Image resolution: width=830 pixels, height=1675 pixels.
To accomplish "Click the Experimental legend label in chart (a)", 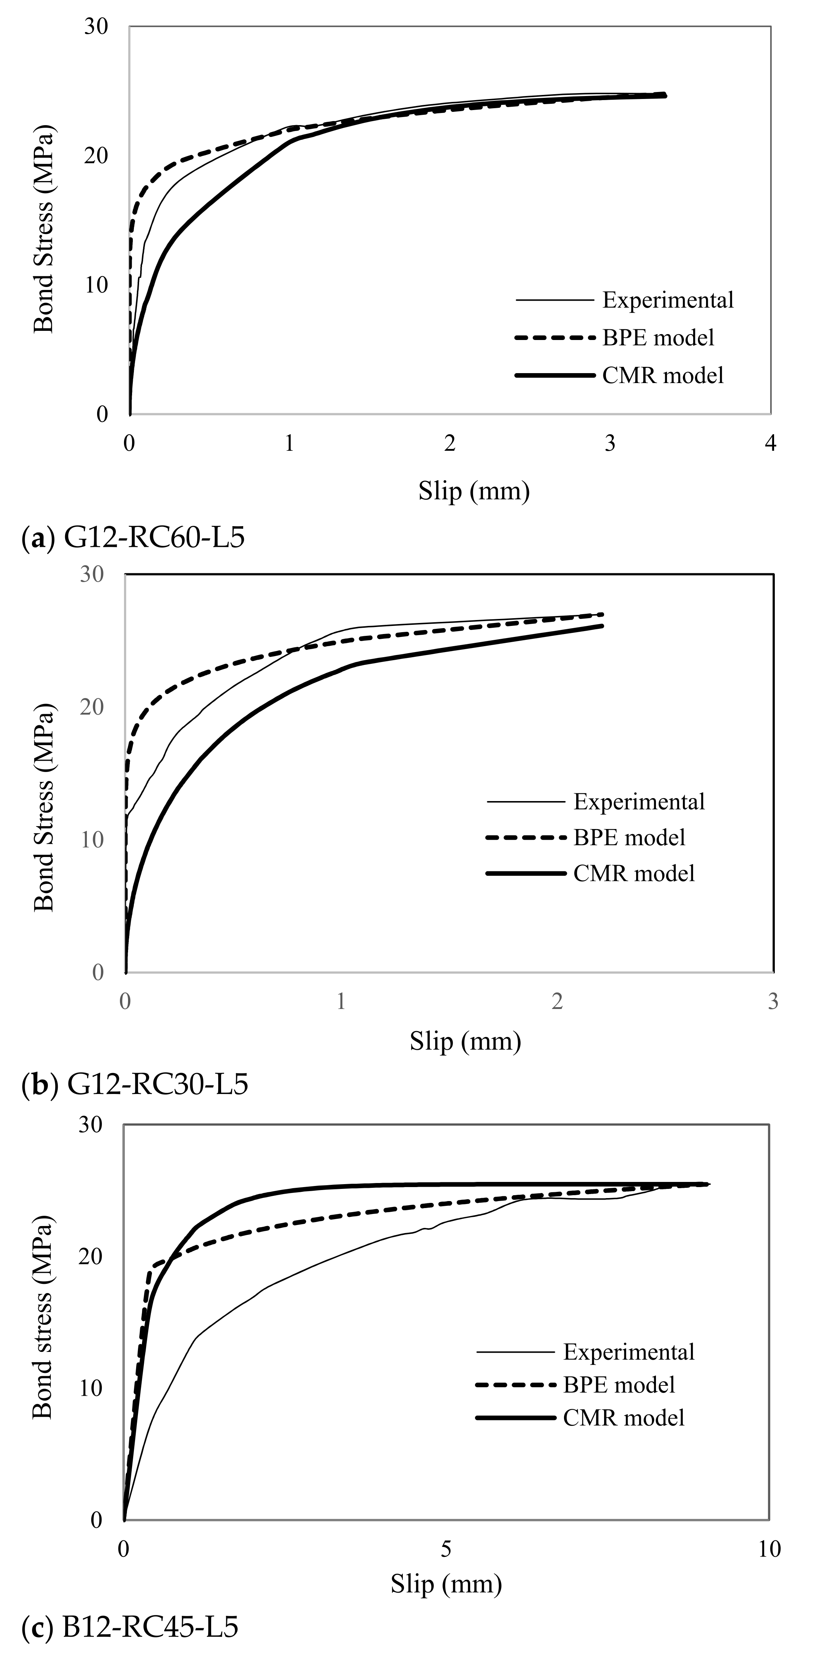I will pos(667,300).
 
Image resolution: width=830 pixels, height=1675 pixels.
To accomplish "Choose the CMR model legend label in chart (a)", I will pos(662,376).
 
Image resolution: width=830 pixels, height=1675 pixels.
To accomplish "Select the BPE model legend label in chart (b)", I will pos(628,837).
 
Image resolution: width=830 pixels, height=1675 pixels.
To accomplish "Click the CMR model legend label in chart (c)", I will pos(623,1417).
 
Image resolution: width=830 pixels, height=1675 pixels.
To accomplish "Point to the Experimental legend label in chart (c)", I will pos(628,1352).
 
